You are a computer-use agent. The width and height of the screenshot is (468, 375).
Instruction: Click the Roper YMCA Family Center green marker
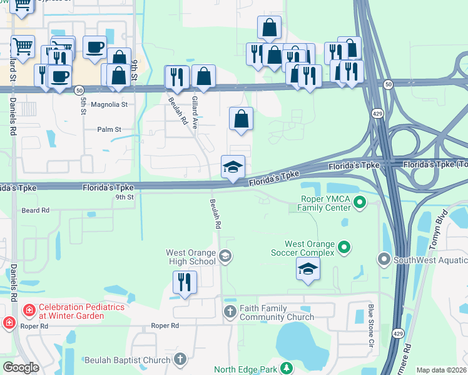pyautogui.click(x=360, y=202)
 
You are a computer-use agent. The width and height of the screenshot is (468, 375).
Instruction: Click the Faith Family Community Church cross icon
pyautogui.click(x=230, y=311)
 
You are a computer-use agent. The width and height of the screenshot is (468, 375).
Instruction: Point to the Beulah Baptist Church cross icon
pyautogui.click(x=181, y=359)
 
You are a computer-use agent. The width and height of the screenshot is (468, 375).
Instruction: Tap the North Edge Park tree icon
pyautogui.click(x=287, y=368)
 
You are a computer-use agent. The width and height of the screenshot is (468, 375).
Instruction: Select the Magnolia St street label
pyautogui.click(x=109, y=106)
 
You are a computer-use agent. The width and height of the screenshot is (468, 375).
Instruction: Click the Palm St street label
pyautogui.click(x=109, y=129)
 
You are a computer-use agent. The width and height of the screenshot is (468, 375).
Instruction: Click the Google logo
pyautogui.click(x=21, y=367)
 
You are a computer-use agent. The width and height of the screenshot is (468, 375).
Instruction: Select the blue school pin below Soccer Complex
pyautogui.click(x=307, y=269)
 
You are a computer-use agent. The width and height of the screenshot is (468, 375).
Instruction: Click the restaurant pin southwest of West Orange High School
pyautogui.click(x=185, y=282)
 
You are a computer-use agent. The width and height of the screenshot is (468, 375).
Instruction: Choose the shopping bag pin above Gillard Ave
pyautogui.click(x=203, y=77)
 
